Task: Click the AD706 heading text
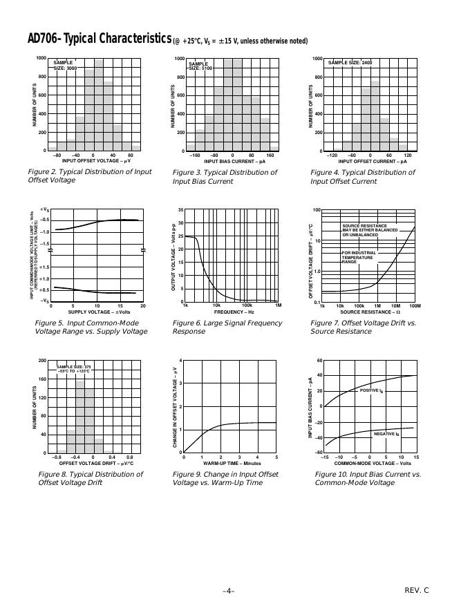(90, 39)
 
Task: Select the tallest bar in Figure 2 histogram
(99, 104)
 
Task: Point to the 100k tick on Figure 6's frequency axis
(246, 305)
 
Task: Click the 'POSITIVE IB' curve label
(371, 391)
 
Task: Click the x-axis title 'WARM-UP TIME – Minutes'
(232, 463)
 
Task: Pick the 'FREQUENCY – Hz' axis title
(232, 312)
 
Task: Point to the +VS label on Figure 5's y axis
(44, 209)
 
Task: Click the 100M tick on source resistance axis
(415, 305)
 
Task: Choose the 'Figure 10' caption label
(332, 475)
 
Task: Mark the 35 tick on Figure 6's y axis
(180, 209)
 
